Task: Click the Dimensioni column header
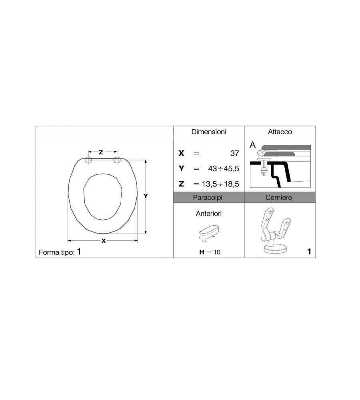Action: [209, 132]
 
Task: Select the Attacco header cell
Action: [280, 132]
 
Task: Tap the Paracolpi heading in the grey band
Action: [208, 198]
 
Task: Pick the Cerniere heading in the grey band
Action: [279, 198]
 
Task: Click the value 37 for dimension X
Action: [234, 153]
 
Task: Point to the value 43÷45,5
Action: [224, 169]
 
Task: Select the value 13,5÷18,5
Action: [220, 184]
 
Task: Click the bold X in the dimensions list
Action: [181, 153]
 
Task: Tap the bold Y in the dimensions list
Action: [181, 168]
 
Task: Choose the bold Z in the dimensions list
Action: [181, 184]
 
